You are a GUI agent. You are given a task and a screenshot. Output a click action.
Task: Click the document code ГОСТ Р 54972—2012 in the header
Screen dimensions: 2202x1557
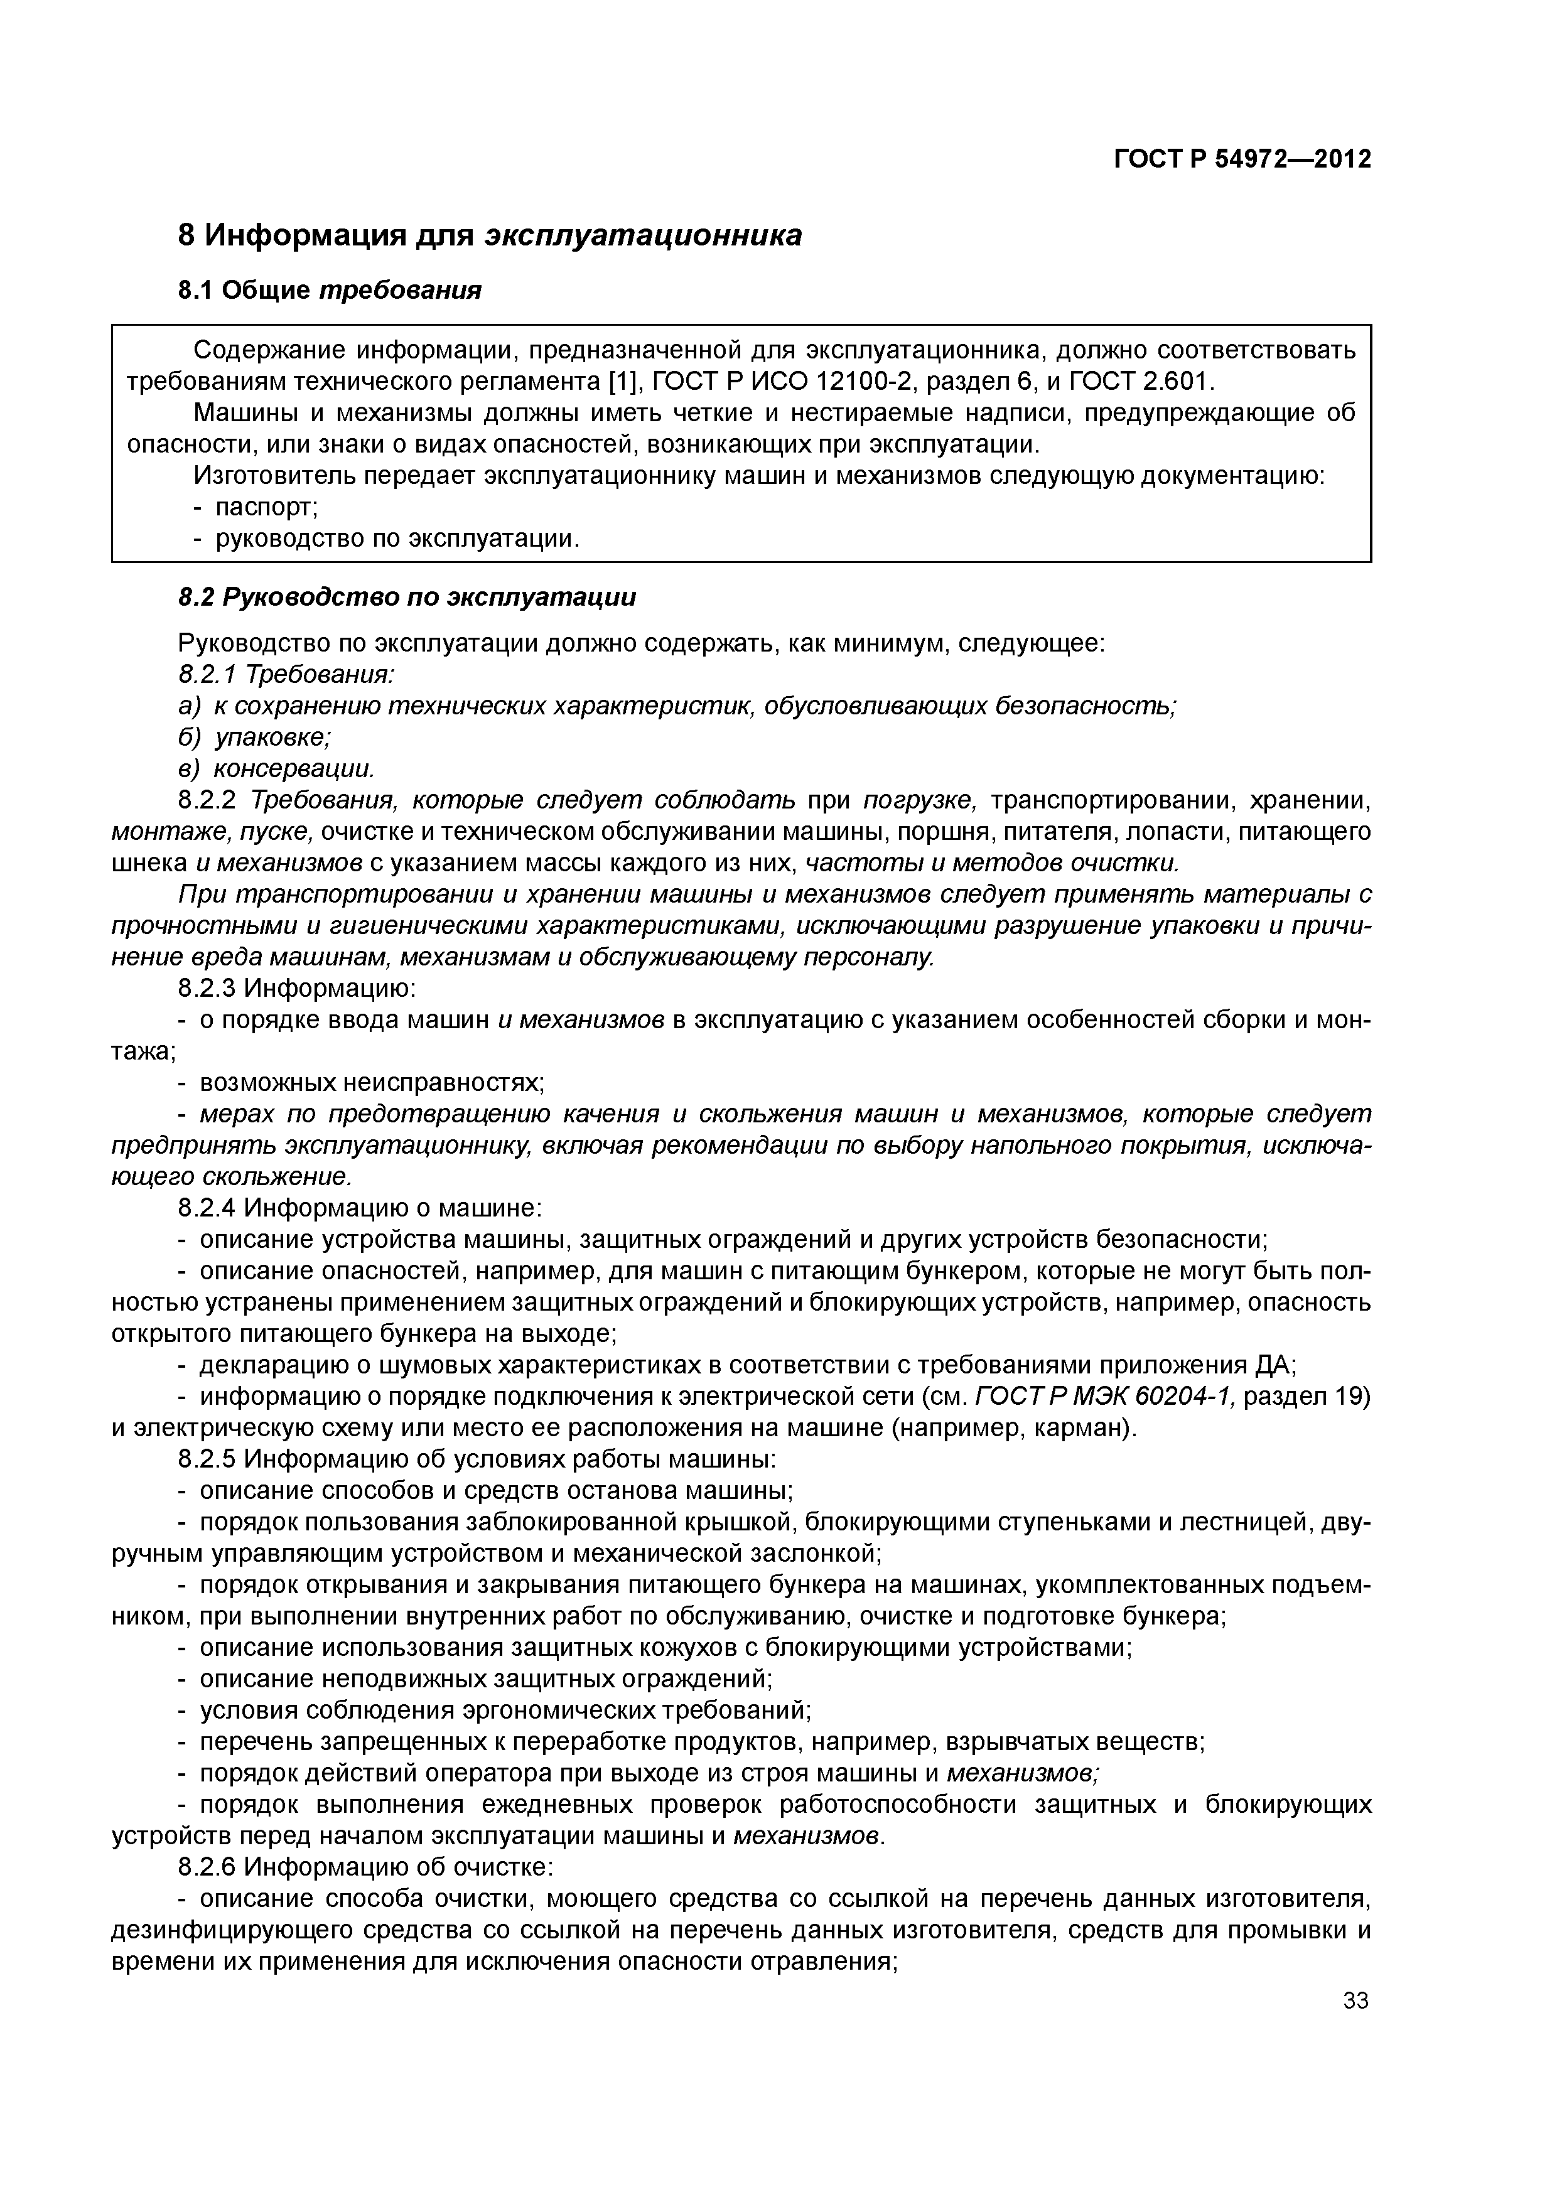pyautogui.click(x=1242, y=159)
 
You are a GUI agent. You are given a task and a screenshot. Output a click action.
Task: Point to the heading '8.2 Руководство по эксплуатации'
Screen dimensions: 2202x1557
pyautogui.click(x=407, y=598)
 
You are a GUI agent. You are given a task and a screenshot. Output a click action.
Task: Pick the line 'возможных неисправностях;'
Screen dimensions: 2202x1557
pyautogui.click(x=371, y=1082)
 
